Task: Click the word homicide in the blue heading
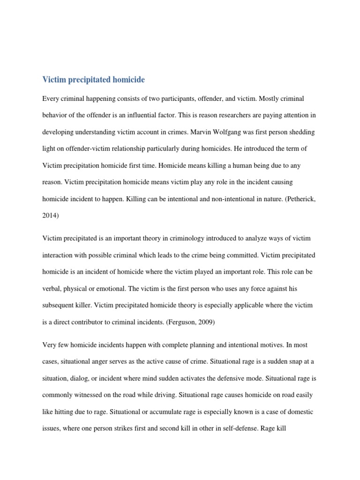pyautogui.click(x=127, y=80)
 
